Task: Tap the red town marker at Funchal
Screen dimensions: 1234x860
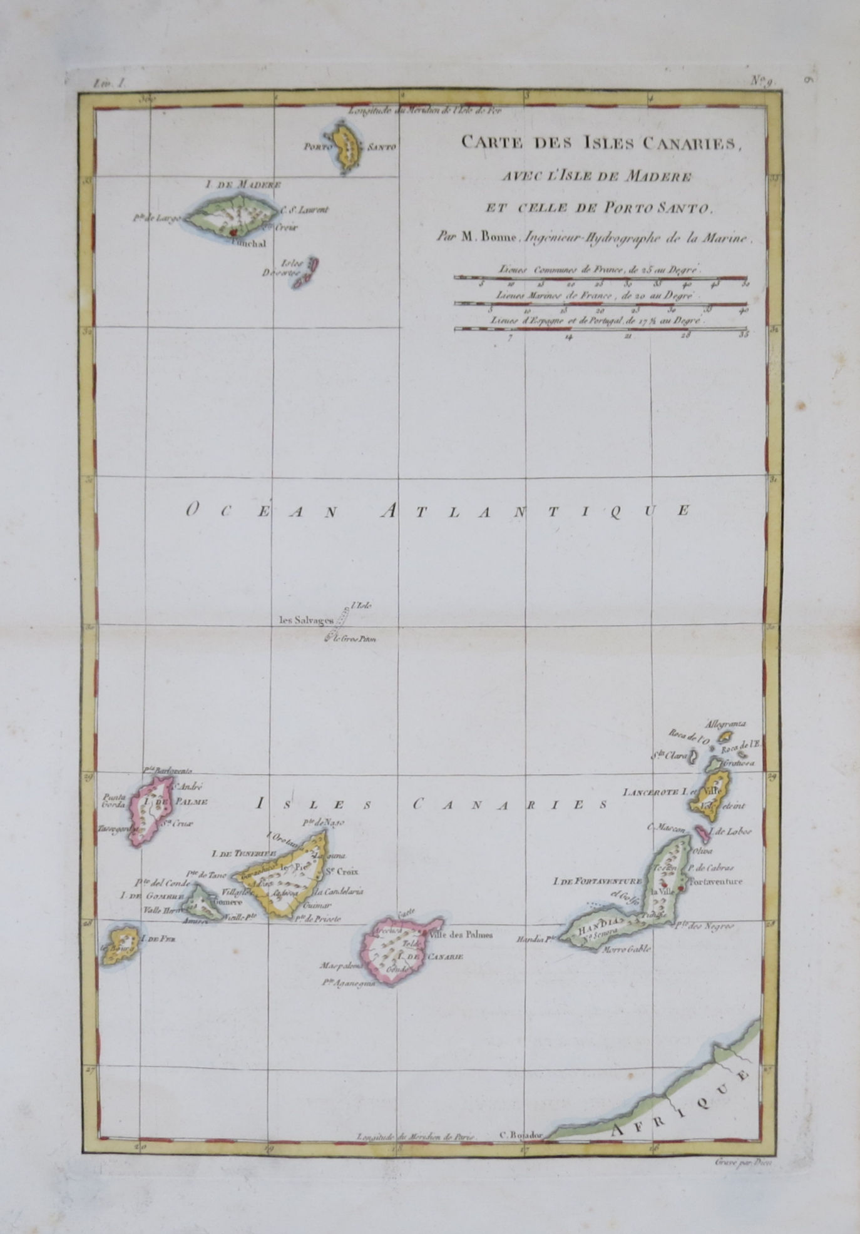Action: coord(232,236)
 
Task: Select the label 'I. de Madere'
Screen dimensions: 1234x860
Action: coord(243,185)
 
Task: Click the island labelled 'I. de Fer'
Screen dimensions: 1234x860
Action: coord(121,946)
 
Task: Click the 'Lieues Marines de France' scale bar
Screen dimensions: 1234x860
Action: coord(600,304)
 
